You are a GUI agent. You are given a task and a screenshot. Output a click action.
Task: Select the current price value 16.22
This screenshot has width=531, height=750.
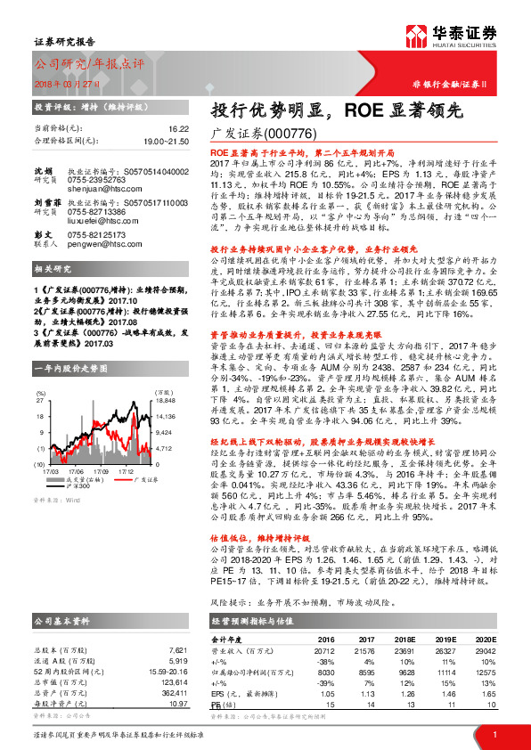click(177, 129)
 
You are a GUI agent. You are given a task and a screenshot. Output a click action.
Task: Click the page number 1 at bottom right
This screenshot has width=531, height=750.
click(494, 733)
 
